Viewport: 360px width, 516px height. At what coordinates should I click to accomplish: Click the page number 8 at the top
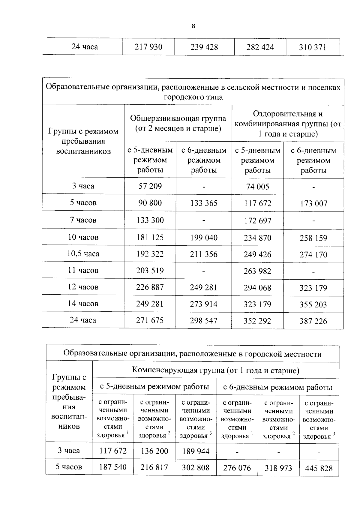(x=193, y=26)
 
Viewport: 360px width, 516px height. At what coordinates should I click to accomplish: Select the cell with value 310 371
(x=312, y=47)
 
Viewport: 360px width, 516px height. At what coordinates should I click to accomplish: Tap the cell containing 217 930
(x=148, y=47)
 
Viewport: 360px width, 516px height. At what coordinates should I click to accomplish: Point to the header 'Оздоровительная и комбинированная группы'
(x=288, y=124)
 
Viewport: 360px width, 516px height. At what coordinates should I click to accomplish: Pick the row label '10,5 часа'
(x=83, y=254)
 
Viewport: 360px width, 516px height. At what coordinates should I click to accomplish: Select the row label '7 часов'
(x=83, y=220)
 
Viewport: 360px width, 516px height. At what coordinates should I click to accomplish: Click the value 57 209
(x=150, y=186)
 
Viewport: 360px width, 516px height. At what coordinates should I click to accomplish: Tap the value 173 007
(x=313, y=203)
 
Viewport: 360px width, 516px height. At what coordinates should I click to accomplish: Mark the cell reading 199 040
(x=204, y=238)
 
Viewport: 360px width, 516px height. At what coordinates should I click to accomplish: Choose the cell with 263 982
(x=257, y=271)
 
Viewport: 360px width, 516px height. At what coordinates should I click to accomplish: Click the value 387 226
(x=313, y=321)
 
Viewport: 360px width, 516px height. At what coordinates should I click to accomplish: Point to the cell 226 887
(x=150, y=287)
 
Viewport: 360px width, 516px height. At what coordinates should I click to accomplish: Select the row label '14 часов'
(x=83, y=304)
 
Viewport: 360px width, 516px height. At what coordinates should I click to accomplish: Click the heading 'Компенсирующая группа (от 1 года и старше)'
(x=215, y=370)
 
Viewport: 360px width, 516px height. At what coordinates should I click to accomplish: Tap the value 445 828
(x=319, y=468)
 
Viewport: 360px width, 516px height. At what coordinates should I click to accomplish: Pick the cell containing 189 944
(x=196, y=451)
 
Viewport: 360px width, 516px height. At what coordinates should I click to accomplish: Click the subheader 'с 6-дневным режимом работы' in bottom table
(x=277, y=387)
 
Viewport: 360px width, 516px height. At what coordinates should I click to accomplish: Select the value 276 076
(x=237, y=468)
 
